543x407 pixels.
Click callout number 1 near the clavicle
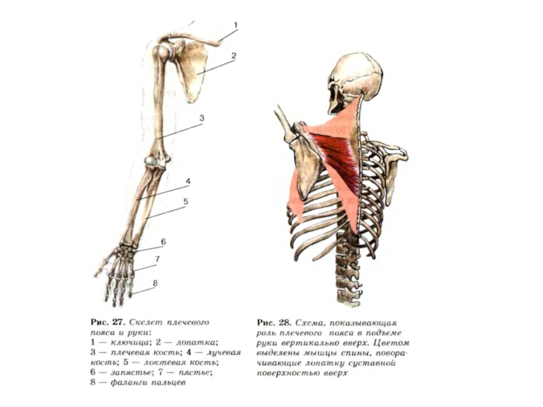pos(236,25)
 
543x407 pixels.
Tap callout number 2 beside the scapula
pos(233,56)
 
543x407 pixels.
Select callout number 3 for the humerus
pos(202,118)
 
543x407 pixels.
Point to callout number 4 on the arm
pos(187,181)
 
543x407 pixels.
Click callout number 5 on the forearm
pos(185,201)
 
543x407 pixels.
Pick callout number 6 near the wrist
pos(163,241)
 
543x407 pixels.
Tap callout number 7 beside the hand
pos(157,259)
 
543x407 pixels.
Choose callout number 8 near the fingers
pos(155,283)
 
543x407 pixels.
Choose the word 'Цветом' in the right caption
pos(395,343)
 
